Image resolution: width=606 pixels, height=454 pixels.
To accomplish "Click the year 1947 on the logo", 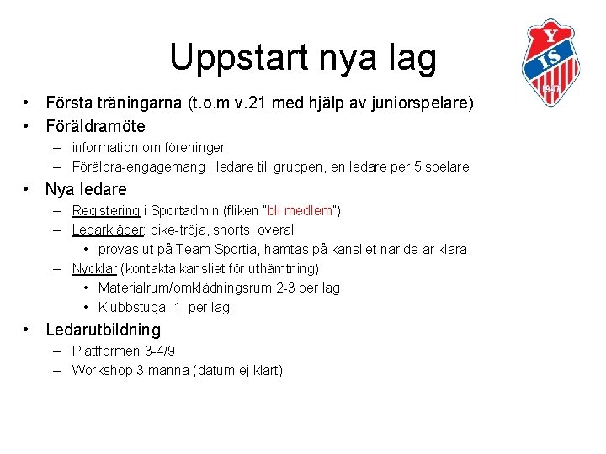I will pyautogui.click(x=551, y=88).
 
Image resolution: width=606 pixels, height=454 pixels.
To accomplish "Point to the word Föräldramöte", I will pyautogui.click(x=95, y=126).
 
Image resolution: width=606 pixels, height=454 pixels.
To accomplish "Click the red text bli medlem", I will pyautogui.click(x=300, y=210).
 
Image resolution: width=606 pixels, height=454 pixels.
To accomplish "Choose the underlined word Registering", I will pyautogui.click(x=105, y=210).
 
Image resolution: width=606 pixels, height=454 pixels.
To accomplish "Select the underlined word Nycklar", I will pyautogui.click(x=94, y=269).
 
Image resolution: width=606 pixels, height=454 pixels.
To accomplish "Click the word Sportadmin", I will pyautogui.click(x=184, y=210).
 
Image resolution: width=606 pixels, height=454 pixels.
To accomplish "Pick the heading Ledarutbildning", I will pyautogui.click(x=103, y=330).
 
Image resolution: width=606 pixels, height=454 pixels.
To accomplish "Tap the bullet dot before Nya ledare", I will pyautogui.click(x=28, y=189).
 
